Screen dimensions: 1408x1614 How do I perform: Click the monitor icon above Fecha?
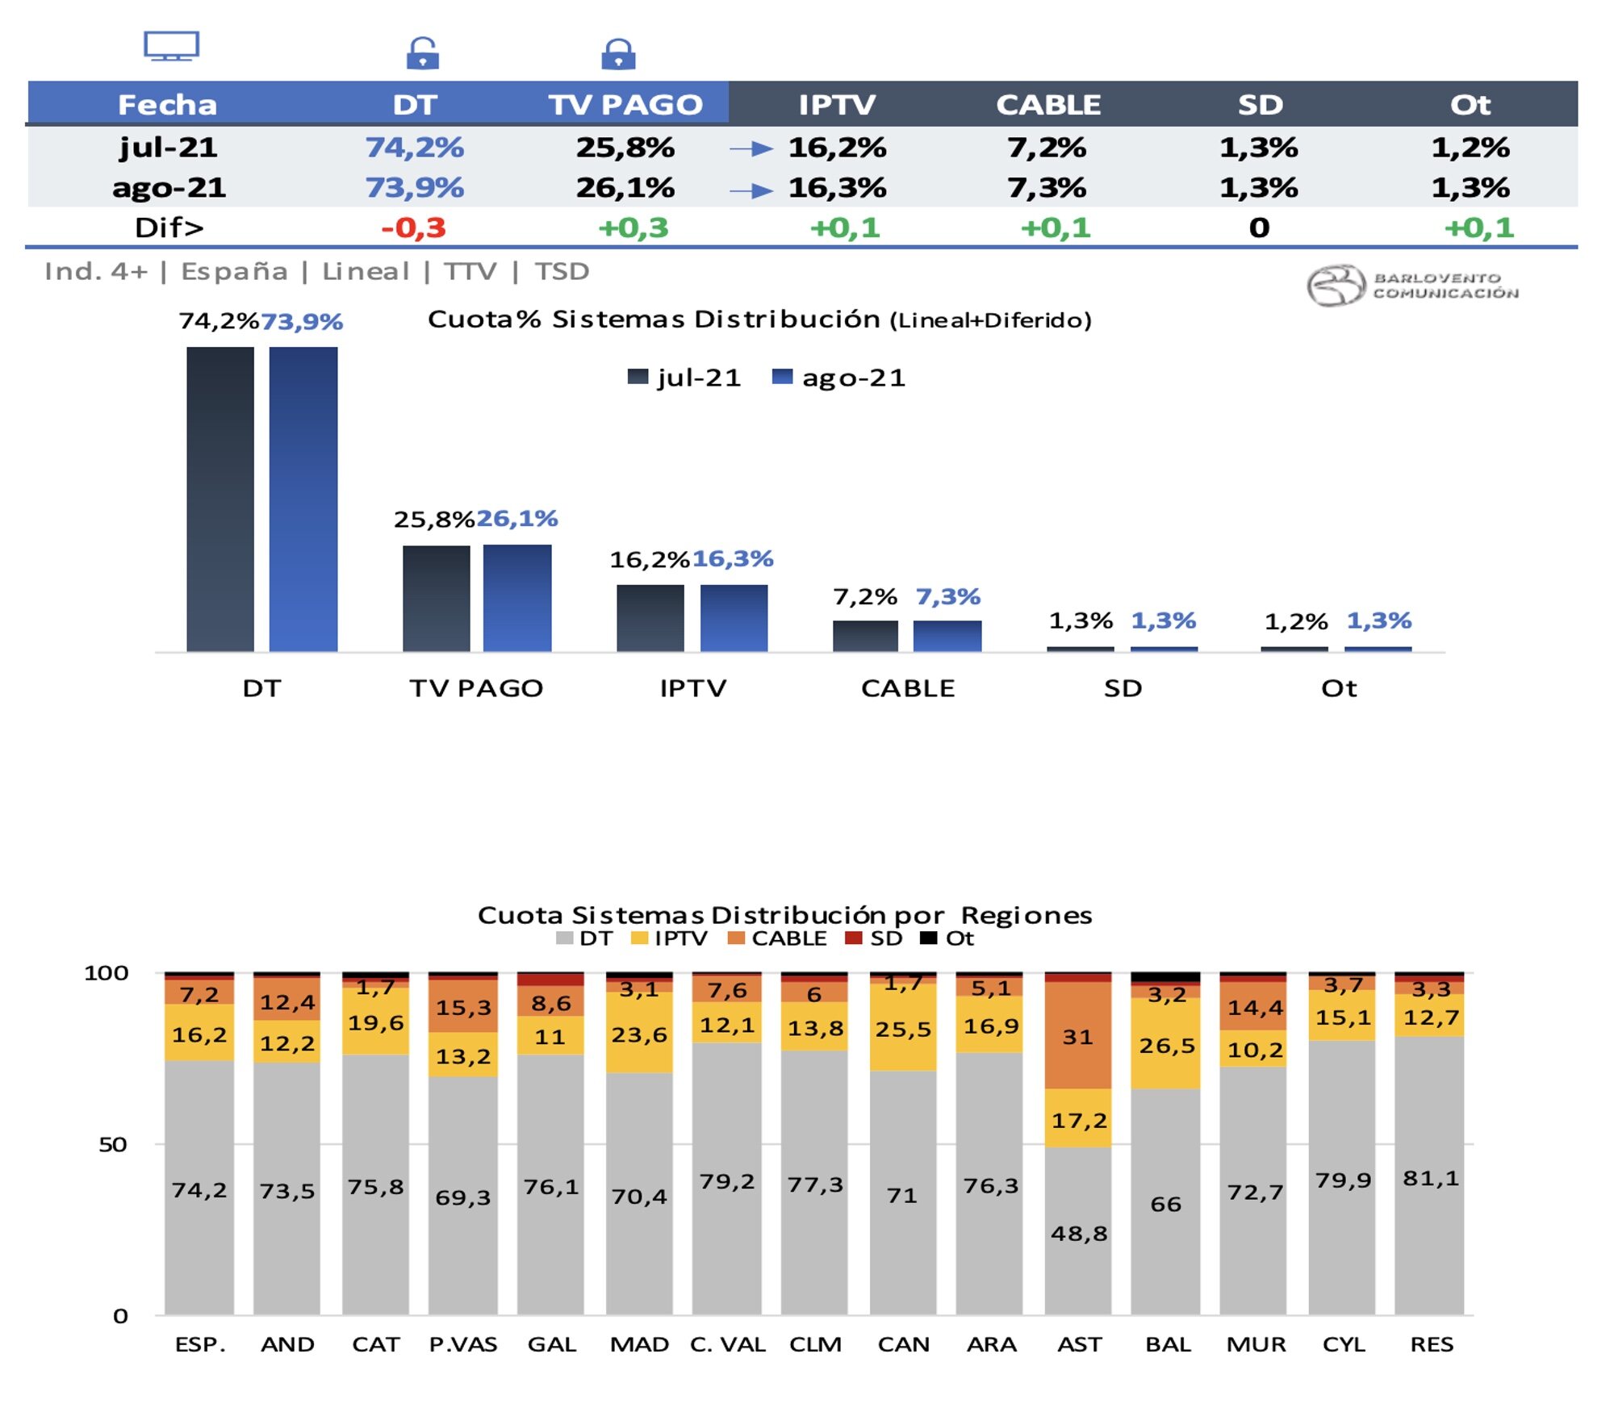click(x=171, y=46)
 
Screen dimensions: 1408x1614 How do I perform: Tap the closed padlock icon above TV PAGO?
click(x=618, y=54)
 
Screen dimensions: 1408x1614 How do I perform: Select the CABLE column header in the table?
click(x=1047, y=105)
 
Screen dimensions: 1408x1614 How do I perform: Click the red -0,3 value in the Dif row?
click(x=413, y=228)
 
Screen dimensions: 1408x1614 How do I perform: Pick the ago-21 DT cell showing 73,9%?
click(x=414, y=188)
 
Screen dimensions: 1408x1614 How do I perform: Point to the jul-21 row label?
click(x=168, y=148)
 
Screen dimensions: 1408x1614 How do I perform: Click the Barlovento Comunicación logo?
click(x=1412, y=286)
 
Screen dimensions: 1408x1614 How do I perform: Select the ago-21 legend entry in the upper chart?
click(x=839, y=378)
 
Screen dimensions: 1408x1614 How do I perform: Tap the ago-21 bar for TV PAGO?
click(x=517, y=598)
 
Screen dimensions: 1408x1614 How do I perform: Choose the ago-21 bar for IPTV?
click(x=734, y=618)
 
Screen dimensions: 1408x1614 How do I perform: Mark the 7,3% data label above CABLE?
click(x=947, y=597)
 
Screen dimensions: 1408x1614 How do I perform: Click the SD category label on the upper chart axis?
click(x=1123, y=688)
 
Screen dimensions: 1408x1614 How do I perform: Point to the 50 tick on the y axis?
click(x=113, y=1145)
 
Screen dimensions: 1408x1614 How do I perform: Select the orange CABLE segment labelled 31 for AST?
click(x=1078, y=1036)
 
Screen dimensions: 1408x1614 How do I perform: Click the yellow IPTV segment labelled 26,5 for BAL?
click(x=1166, y=1046)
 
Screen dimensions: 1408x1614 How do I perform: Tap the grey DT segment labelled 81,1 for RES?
click(x=1430, y=1179)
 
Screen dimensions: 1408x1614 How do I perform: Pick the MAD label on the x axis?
click(x=639, y=1344)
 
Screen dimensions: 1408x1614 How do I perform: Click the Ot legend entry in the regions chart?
click(x=948, y=938)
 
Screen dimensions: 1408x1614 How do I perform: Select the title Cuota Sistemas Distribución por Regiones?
click(x=784, y=915)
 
